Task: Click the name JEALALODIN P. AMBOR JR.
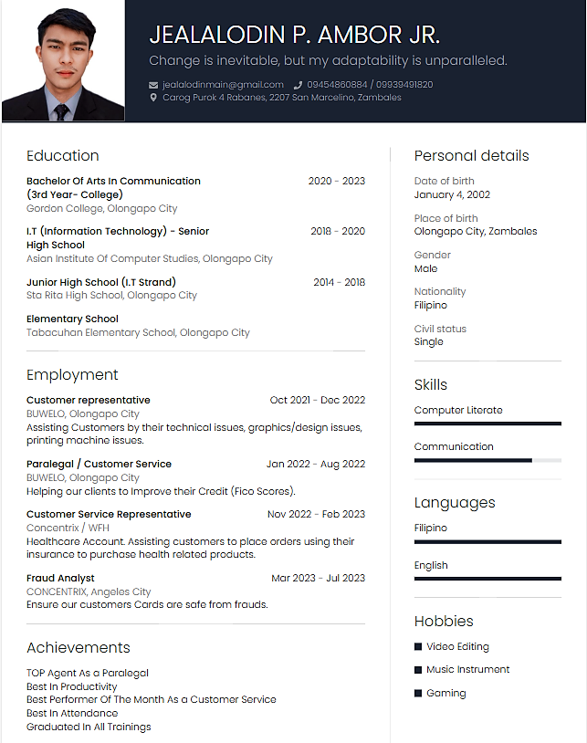tap(294, 36)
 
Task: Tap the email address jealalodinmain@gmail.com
tap(223, 85)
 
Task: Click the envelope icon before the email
tap(153, 85)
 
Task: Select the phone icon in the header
tap(298, 85)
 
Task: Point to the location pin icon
tap(153, 98)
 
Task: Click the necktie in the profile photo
tap(61, 112)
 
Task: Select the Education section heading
tap(62, 155)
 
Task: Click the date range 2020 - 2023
tap(336, 181)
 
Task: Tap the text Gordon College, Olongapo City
tap(101, 208)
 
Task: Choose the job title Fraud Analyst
tap(60, 578)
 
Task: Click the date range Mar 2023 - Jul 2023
tap(318, 578)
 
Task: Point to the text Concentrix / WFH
tap(68, 528)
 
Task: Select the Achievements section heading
tap(78, 647)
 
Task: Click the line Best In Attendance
tap(72, 713)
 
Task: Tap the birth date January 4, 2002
tap(452, 194)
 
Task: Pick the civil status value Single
tap(428, 341)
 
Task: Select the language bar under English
tap(487, 579)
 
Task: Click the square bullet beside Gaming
tap(418, 693)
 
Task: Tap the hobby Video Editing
tap(457, 646)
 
